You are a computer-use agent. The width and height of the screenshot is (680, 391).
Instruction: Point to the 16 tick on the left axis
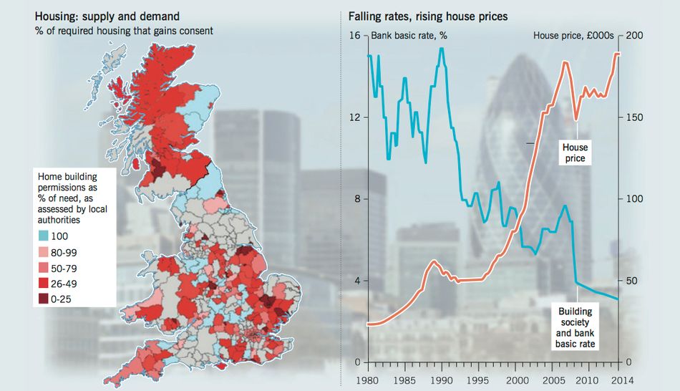pos(354,36)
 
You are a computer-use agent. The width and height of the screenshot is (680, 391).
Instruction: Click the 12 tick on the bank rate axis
pos(354,117)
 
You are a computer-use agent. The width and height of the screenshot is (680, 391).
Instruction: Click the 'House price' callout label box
pos(575,153)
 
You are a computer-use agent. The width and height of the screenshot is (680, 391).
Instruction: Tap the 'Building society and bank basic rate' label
pos(575,328)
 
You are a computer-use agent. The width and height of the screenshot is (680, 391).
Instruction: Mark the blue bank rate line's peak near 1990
pos(442,49)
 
